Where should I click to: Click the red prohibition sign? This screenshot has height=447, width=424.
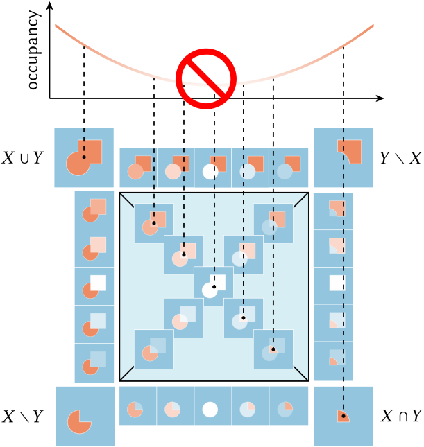[207, 76]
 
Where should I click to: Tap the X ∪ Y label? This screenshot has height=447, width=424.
[23, 158]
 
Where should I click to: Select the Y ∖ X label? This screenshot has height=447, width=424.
[400, 158]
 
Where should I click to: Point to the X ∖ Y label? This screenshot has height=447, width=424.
[23, 417]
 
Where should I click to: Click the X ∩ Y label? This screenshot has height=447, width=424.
[401, 417]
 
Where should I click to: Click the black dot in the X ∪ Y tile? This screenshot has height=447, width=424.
[84, 157]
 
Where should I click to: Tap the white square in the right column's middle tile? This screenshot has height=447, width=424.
[337, 283]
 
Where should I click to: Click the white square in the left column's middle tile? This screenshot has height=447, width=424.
[98, 283]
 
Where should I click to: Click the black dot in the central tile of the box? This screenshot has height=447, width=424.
[214, 286]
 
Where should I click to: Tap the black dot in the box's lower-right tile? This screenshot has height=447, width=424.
[273, 349]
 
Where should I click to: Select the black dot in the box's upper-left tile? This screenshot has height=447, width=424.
[153, 223]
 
